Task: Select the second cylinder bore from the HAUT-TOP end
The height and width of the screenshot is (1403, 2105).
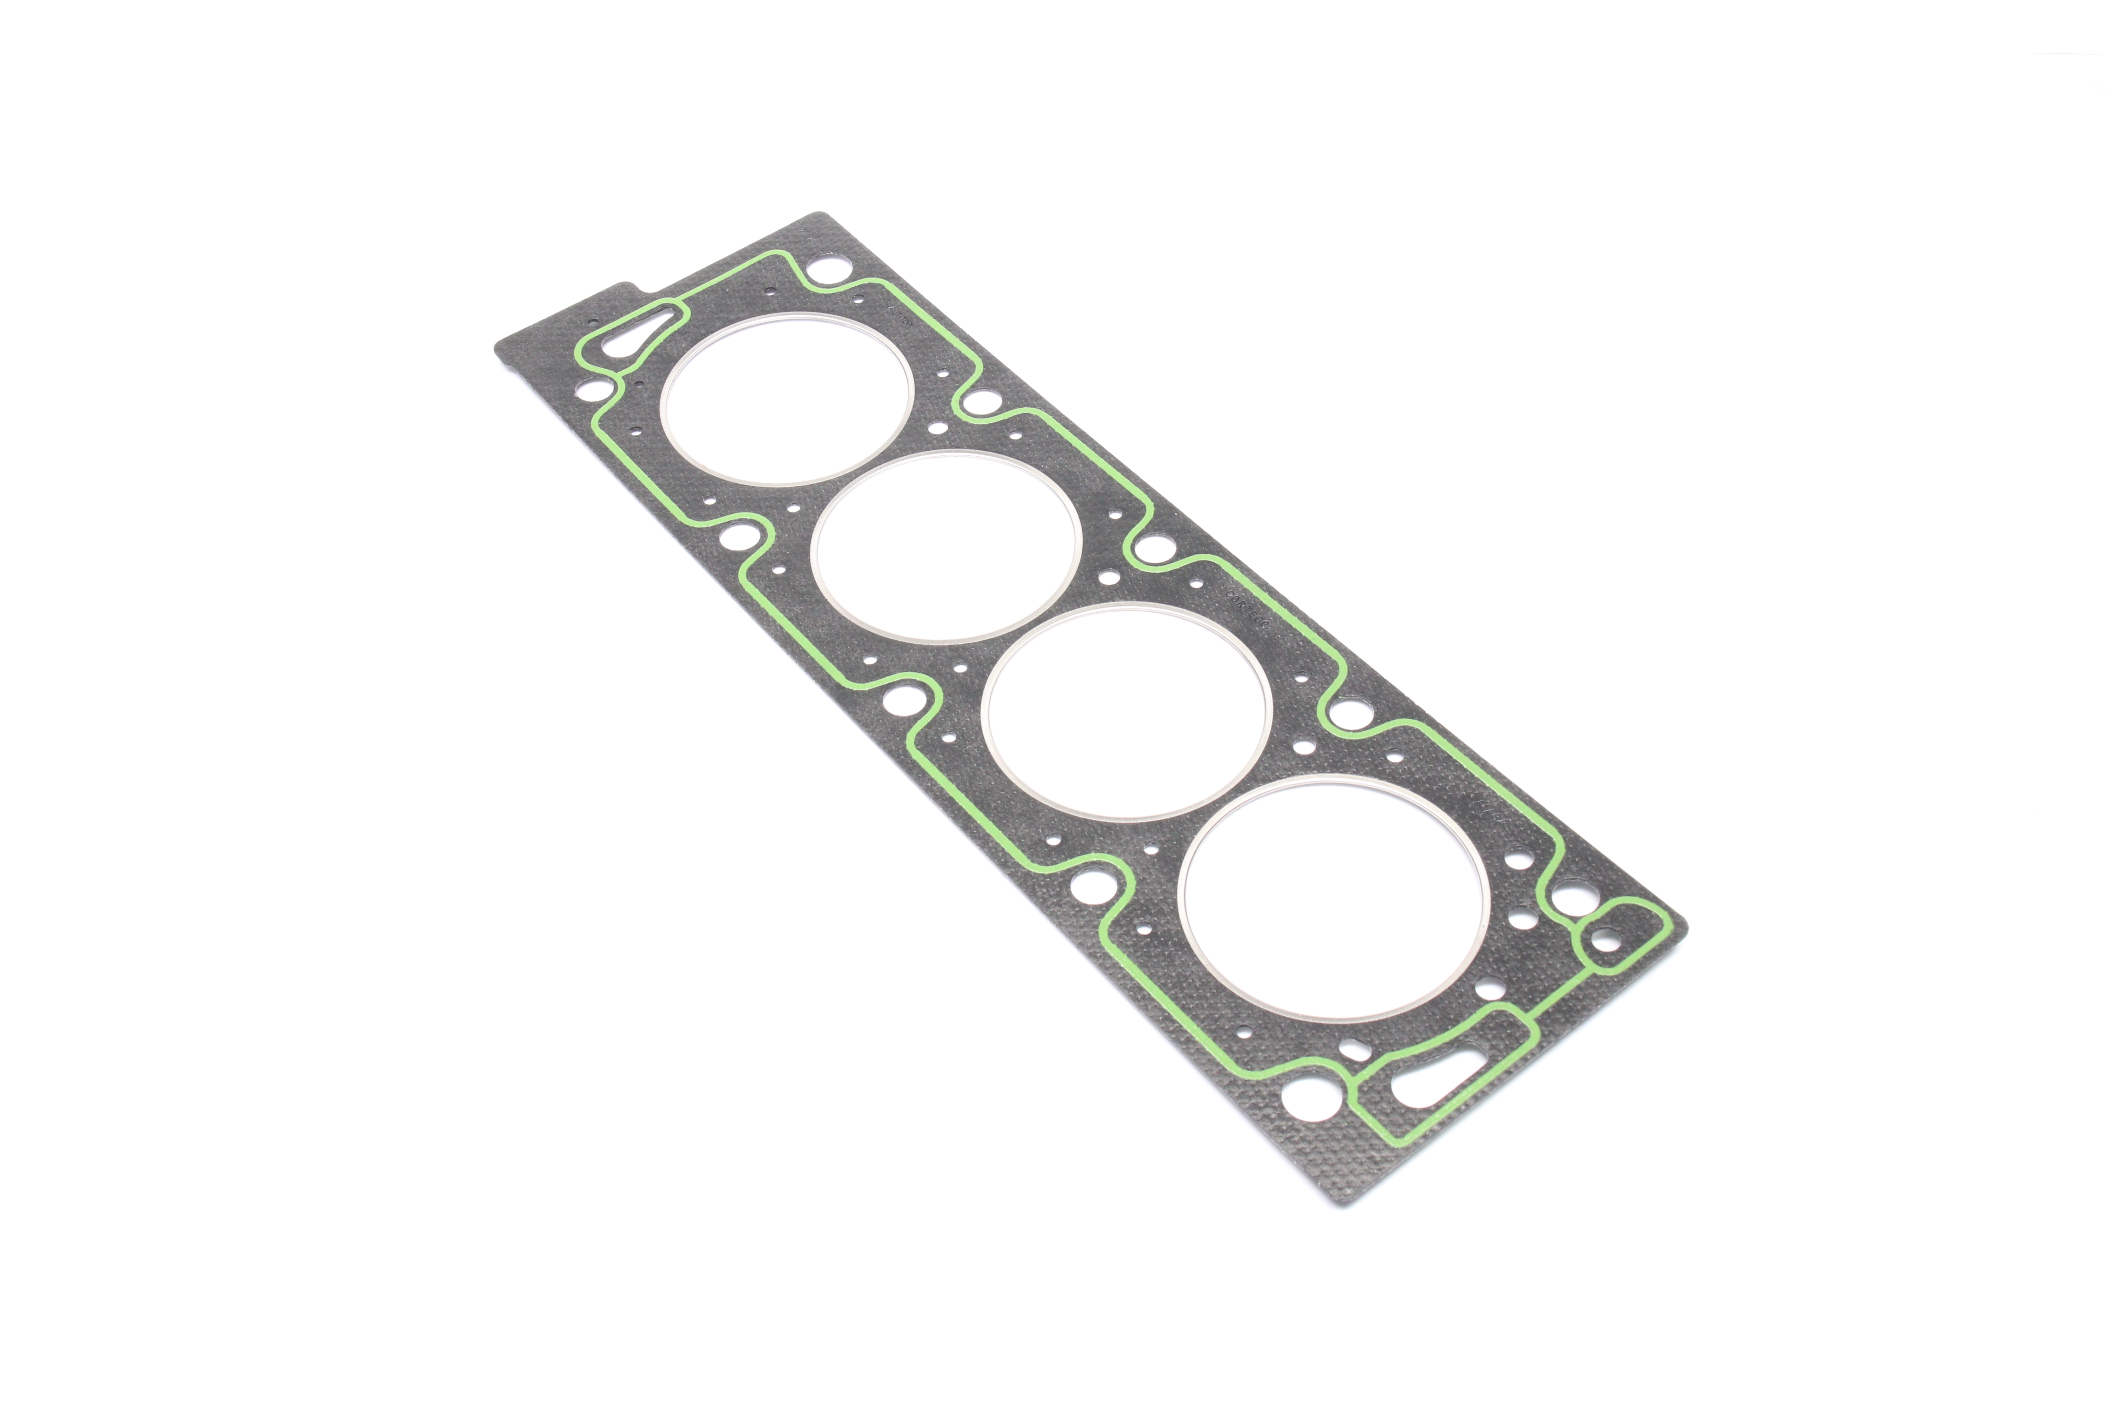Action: pos(946,548)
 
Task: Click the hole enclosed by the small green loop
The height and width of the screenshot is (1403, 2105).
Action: pos(1605,941)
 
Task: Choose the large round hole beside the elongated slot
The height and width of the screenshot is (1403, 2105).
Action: pos(1305,1096)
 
